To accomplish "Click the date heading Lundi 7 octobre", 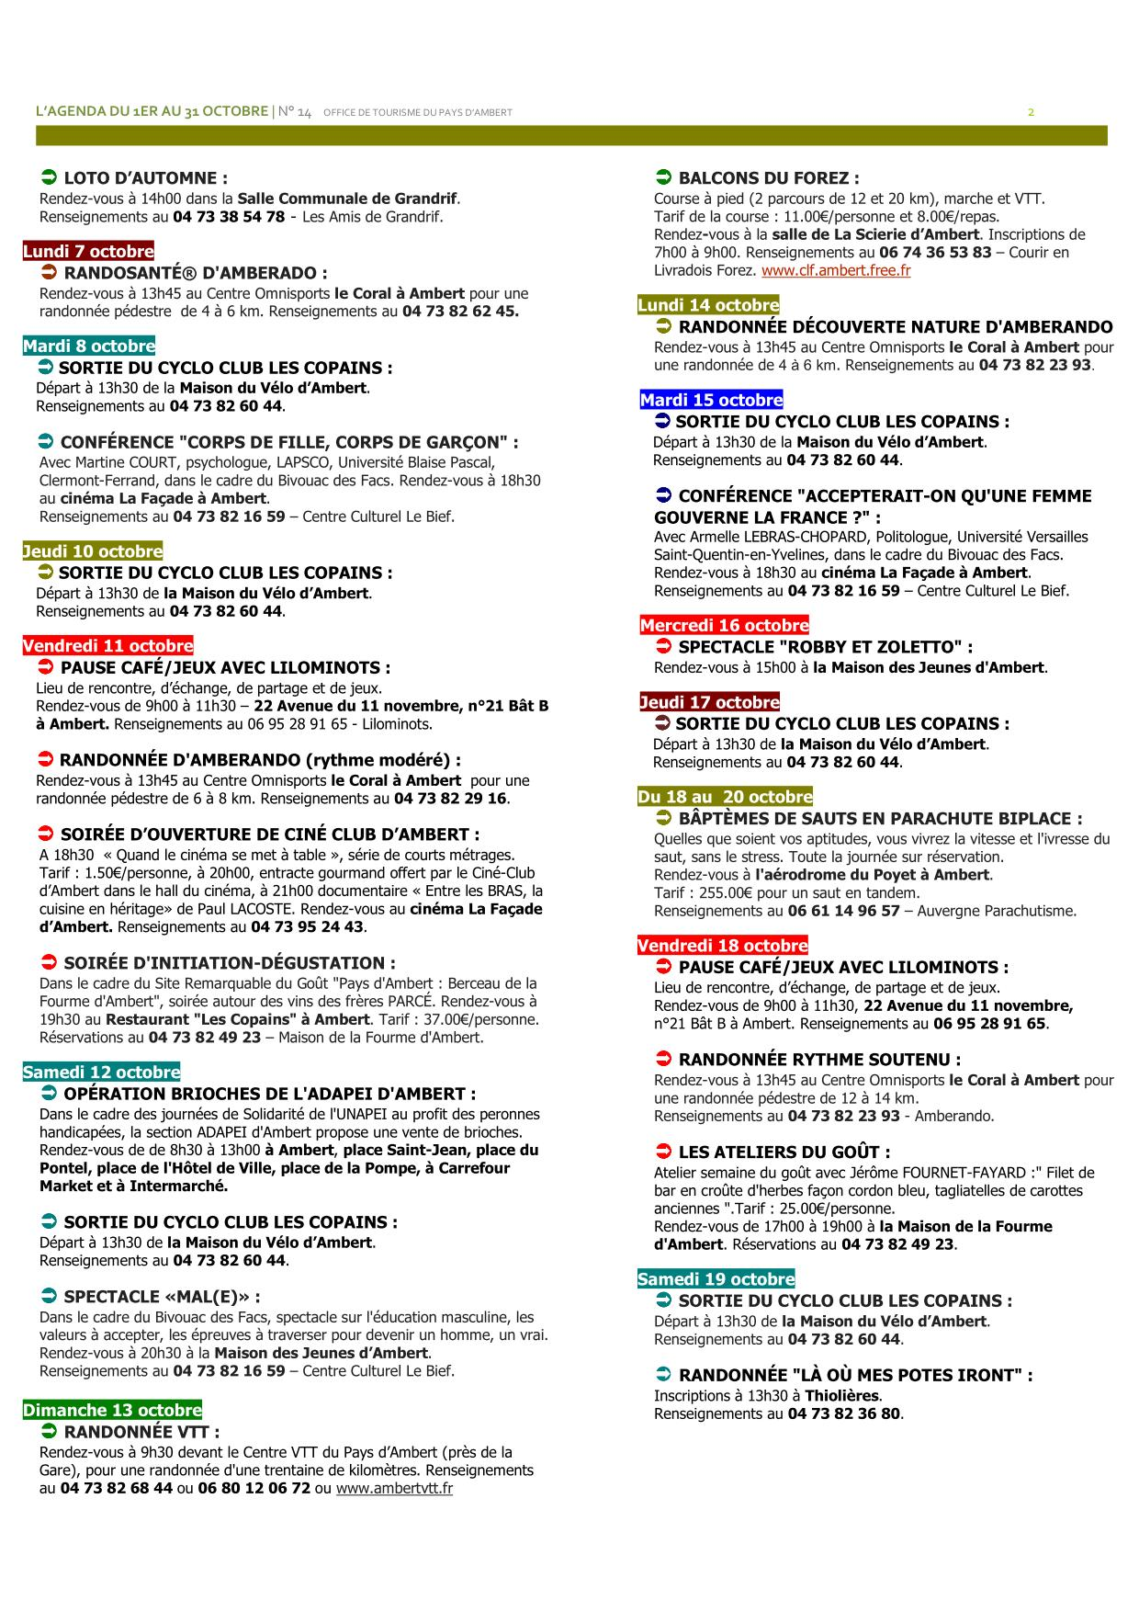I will click(x=88, y=252).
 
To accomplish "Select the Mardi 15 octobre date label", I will click(x=711, y=400).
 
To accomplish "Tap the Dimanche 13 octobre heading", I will click(x=112, y=1410).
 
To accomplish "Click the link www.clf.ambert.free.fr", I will click(x=836, y=271).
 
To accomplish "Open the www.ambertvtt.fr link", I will click(x=394, y=1488).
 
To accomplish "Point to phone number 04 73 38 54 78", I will click(x=229, y=217).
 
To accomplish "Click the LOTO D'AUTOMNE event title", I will click(x=145, y=178).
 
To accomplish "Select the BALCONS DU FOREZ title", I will click(x=769, y=178).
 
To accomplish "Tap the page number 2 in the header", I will click(x=1031, y=112).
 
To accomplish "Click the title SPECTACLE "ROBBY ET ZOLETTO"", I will click(x=825, y=647).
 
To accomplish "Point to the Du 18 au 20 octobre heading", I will click(x=725, y=797).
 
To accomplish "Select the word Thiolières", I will click(x=842, y=1395).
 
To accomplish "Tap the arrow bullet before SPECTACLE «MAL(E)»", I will click(x=49, y=1296).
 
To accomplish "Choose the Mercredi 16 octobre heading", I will click(x=725, y=626).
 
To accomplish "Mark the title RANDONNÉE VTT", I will click(x=141, y=1431).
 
